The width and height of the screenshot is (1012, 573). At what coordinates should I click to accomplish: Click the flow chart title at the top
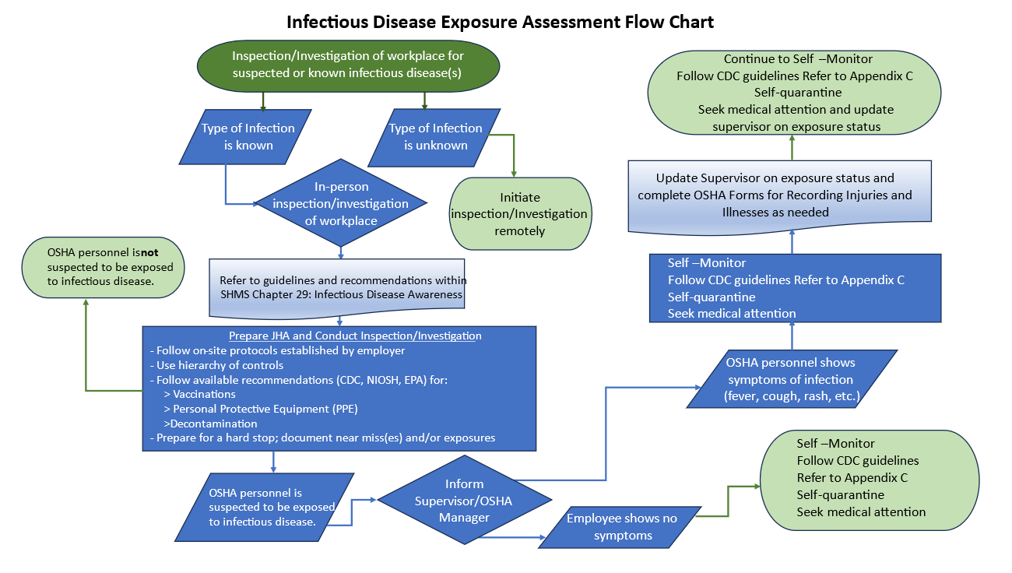pyautogui.click(x=500, y=21)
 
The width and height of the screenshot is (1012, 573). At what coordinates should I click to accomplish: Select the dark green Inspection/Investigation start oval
pyautogui.click(x=346, y=65)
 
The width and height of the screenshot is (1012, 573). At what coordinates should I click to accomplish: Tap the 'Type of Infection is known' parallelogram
pyautogui.click(x=248, y=136)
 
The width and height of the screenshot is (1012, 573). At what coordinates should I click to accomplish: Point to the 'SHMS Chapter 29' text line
pyautogui.click(x=341, y=294)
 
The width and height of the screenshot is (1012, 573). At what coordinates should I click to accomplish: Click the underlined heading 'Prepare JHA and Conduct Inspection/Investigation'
pyautogui.click(x=355, y=336)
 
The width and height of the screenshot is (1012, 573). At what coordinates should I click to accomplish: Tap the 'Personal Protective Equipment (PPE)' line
pyautogui.click(x=265, y=409)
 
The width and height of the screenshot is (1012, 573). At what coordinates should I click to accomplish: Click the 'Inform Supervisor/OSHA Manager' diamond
pyautogui.click(x=464, y=501)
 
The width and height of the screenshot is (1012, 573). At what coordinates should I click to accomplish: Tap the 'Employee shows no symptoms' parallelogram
pyautogui.click(x=620, y=526)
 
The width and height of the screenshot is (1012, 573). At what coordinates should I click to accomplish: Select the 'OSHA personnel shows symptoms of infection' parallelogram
pyautogui.click(x=790, y=379)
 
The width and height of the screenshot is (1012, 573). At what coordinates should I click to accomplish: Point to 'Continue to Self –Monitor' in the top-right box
pyautogui.click(x=798, y=59)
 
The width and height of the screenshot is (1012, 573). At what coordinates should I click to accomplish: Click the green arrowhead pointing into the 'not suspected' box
pyautogui.click(x=86, y=303)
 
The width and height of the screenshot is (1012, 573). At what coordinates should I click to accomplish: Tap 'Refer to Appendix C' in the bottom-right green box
pyautogui.click(x=852, y=477)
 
